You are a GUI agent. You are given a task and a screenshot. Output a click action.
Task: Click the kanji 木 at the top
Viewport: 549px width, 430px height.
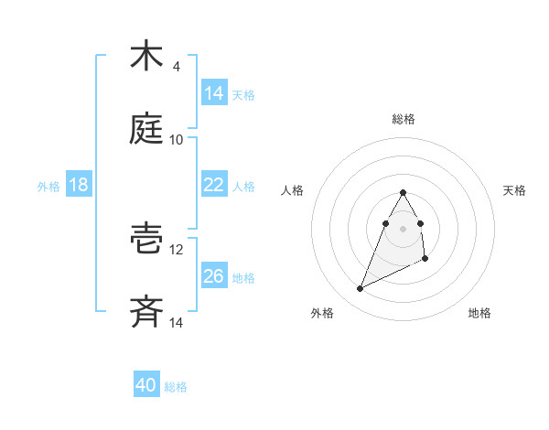pyautogui.click(x=146, y=56)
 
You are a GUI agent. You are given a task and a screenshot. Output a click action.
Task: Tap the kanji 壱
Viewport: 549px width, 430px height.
pyautogui.click(x=146, y=238)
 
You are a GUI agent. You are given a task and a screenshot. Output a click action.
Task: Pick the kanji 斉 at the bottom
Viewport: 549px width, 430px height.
pyautogui.click(x=146, y=311)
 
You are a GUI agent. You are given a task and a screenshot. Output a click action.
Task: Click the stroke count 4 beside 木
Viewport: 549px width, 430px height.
pyautogui.click(x=176, y=67)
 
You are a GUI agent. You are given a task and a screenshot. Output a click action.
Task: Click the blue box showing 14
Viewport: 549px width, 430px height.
pyautogui.click(x=214, y=92)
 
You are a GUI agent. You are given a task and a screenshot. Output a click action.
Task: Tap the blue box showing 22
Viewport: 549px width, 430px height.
pyautogui.click(x=214, y=184)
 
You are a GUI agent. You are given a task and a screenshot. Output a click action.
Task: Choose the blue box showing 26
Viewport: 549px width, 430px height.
pyautogui.click(x=214, y=275)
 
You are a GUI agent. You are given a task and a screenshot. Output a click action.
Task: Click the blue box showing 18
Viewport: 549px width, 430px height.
pyautogui.click(x=79, y=184)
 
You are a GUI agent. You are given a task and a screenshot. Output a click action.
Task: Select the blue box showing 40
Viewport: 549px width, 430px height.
pyautogui.click(x=146, y=385)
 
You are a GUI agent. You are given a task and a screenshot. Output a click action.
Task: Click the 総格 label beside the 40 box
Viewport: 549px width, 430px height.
pyautogui.click(x=176, y=387)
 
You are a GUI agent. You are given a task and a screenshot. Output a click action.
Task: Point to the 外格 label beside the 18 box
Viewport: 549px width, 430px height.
pyautogui.click(x=48, y=186)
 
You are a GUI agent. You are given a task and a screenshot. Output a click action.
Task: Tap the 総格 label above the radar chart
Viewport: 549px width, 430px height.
pyautogui.click(x=404, y=119)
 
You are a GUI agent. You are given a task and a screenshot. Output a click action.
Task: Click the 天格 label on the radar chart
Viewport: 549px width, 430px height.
pyautogui.click(x=515, y=190)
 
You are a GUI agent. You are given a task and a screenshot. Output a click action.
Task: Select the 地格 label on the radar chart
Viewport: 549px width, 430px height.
pyautogui.click(x=479, y=314)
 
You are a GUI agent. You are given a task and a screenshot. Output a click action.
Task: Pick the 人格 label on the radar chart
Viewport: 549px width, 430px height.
pyautogui.click(x=293, y=190)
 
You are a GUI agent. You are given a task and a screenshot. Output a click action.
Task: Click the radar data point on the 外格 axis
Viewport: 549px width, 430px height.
pyautogui.click(x=361, y=289)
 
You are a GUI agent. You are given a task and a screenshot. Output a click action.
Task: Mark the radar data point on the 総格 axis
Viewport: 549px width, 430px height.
pyautogui.click(x=404, y=192)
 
